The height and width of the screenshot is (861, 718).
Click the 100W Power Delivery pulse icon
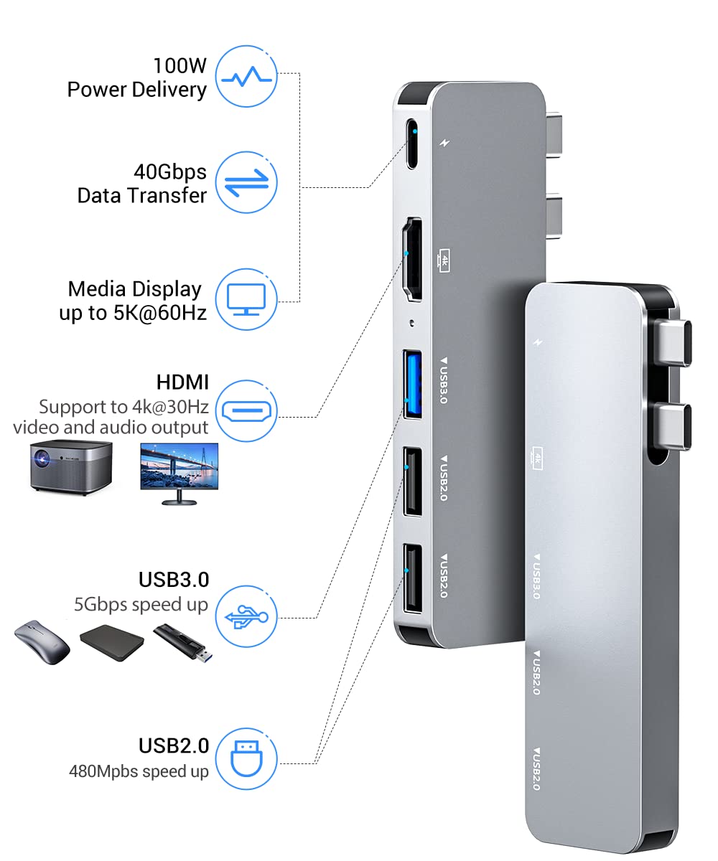pos(248,77)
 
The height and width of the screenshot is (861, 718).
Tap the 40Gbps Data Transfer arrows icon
pos(248,182)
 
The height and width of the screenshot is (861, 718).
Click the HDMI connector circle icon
pos(248,410)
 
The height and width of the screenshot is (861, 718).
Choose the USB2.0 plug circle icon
pos(248,758)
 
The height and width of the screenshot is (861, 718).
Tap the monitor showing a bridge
pos(179,471)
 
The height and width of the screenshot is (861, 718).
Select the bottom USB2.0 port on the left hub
pos(412,580)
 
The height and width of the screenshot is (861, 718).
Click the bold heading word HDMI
pos(182,382)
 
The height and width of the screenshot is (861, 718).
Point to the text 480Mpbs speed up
pos(139,772)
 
